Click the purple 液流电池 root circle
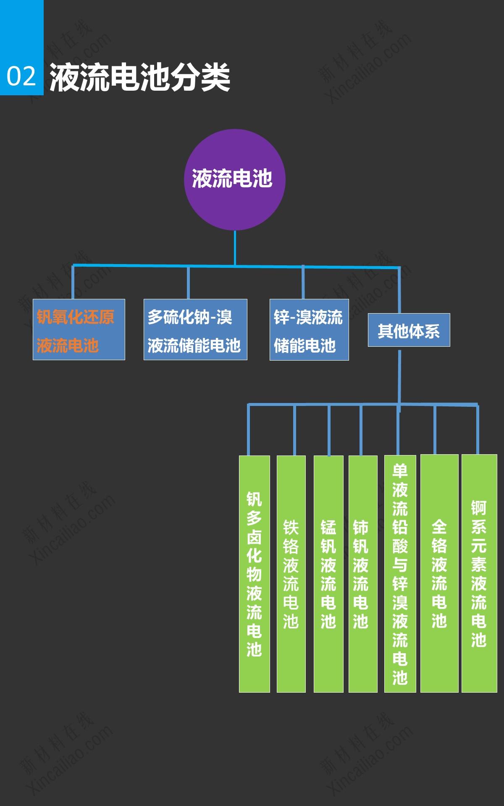click(x=234, y=179)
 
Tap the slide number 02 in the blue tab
click(x=21, y=76)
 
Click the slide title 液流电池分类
click(x=140, y=77)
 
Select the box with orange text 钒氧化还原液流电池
click(x=79, y=330)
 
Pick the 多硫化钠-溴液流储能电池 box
click(x=195, y=330)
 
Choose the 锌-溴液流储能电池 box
click(x=309, y=330)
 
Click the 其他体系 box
click(x=409, y=330)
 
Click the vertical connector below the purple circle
click(x=235, y=248)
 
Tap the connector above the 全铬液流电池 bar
click(x=435, y=430)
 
